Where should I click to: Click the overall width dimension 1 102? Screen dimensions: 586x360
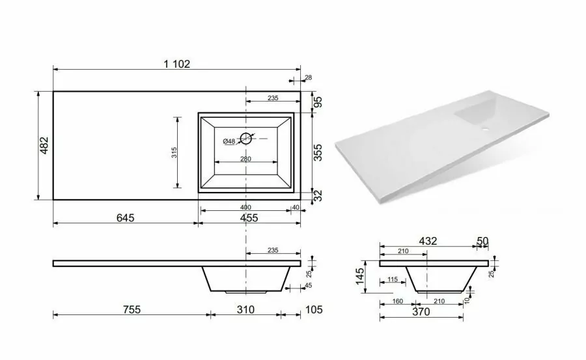[x=176, y=64]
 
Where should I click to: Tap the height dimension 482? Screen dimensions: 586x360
[x=44, y=145]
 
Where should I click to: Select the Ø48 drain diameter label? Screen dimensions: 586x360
[x=229, y=141]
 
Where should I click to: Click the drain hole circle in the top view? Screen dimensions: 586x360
[x=246, y=138]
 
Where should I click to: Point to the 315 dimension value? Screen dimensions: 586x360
[x=174, y=152]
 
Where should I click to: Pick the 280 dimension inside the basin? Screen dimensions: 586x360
[x=245, y=159]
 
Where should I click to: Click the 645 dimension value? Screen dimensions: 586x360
[x=125, y=217]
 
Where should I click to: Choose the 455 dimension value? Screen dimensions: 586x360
[x=249, y=217]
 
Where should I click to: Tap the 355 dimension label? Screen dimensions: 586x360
[x=318, y=152]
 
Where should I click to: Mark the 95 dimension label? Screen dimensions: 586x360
[x=318, y=102]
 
